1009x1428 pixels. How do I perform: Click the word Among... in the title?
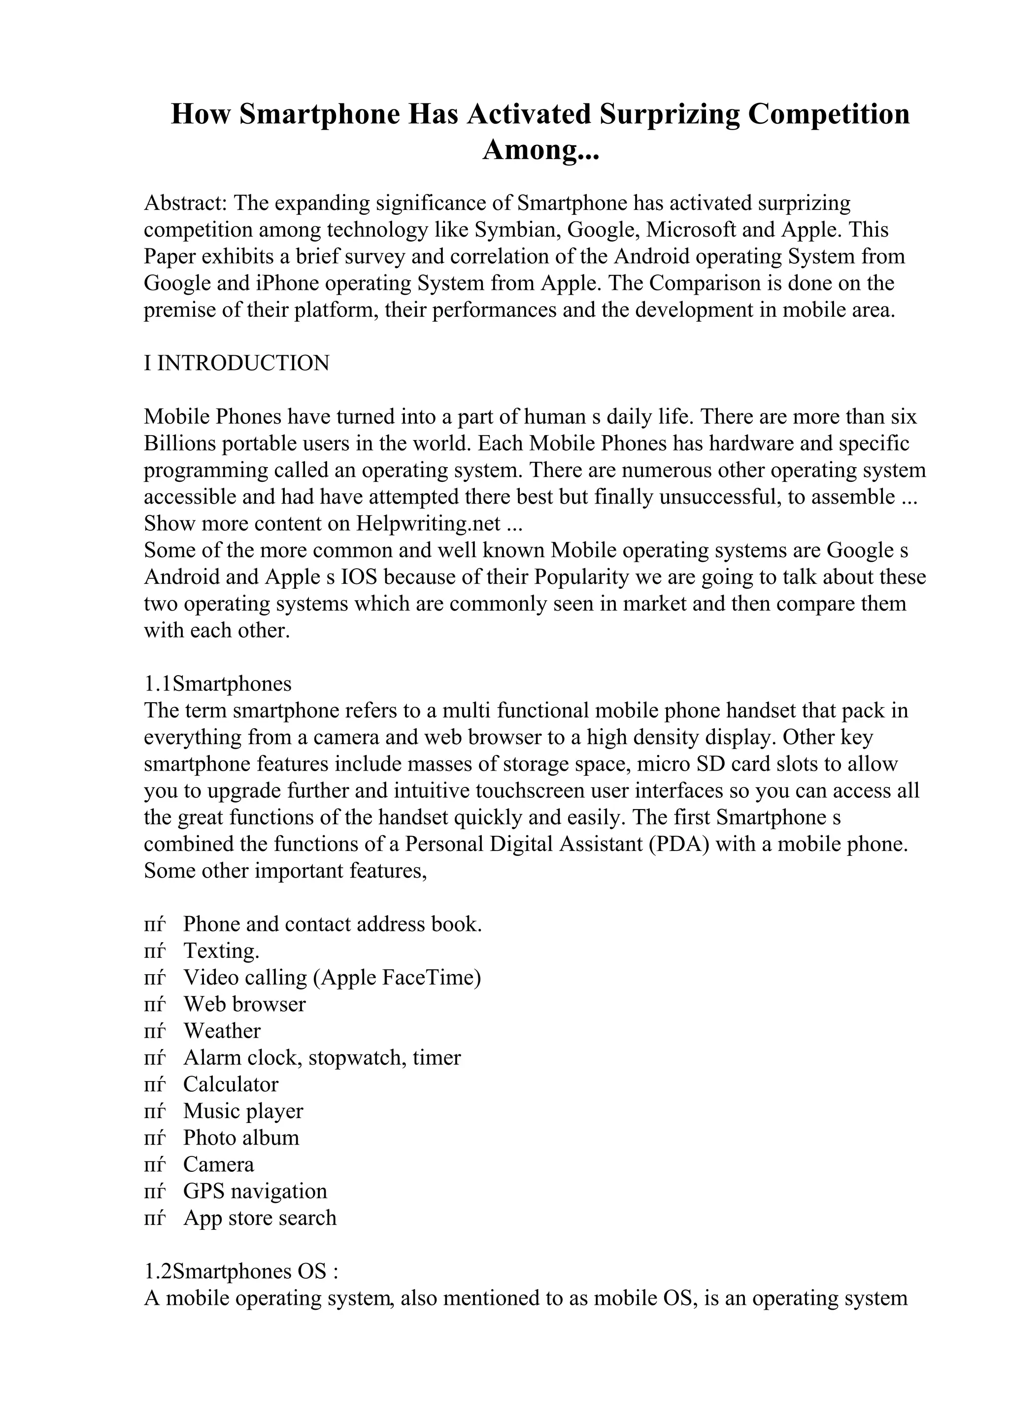click(x=540, y=150)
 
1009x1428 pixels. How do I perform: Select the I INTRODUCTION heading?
click(x=237, y=363)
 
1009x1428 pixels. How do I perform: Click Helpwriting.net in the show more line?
click(x=428, y=524)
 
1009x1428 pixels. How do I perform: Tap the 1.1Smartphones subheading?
click(x=218, y=683)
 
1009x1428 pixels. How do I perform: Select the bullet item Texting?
click(x=221, y=951)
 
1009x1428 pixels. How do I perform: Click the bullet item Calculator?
click(x=231, y=1085)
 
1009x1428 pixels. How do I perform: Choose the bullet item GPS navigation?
click(x=255, y=1191)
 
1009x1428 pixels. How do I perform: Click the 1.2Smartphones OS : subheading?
click(x=241, y=1272)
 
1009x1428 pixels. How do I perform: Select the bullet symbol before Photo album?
click(x=154, y=1138)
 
